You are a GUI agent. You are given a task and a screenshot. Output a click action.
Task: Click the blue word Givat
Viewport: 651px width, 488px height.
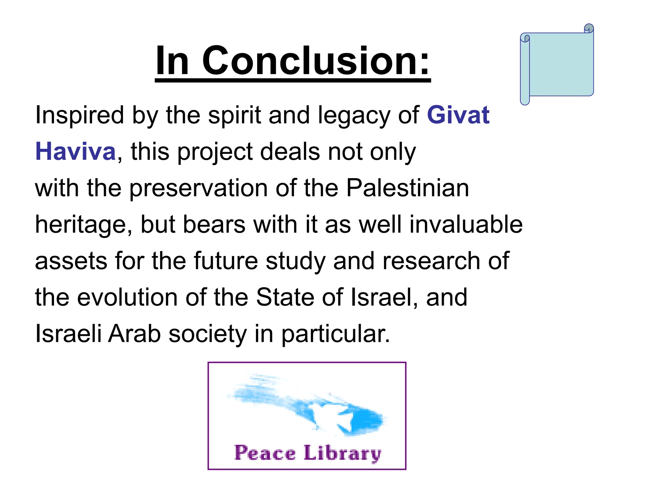[458, 115]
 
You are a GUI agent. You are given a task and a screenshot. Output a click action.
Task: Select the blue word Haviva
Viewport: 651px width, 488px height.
[75, 152]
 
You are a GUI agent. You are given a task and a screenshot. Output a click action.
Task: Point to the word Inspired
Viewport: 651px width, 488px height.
[79, 115]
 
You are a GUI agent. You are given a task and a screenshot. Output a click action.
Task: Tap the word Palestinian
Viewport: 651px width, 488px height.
[407, 188]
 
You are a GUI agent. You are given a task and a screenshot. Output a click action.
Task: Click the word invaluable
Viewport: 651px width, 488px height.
[466, 225]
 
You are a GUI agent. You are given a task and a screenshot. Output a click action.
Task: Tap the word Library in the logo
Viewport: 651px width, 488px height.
[342, 453]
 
